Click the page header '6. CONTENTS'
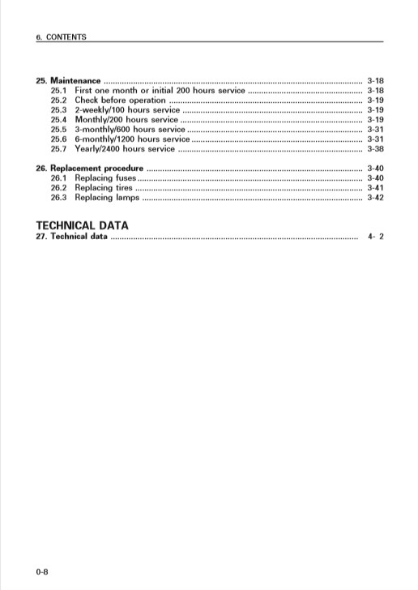coord(62,37)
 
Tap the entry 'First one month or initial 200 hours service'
coord(160,91)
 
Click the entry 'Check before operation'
coord(120,100)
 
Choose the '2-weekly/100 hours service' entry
coord(127,110)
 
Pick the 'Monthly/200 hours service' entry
coord(126,120)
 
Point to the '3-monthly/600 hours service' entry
coord(130,130)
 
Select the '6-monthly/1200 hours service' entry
coord(132,139)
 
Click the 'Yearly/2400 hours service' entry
coord(125,149)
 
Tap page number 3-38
coord(375,149)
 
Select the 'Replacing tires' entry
coord(104,187)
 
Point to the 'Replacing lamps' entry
coord(107,197)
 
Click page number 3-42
coord(375,197)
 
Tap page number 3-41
coord(375,187)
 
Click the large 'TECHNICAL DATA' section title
coord(83,224)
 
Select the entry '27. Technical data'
coord(72,237)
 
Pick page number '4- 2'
coord(375,237)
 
